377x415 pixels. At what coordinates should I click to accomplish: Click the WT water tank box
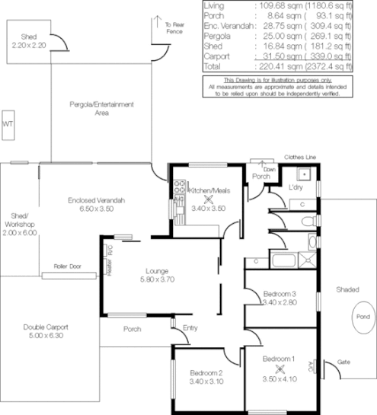(8, 123)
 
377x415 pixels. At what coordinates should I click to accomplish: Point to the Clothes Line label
(299, 158)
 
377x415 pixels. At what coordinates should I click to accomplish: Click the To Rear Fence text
(174, 29)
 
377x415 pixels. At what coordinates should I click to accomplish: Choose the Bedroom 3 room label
(280, 293)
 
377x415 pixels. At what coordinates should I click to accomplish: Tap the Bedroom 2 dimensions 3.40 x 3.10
(206, 381)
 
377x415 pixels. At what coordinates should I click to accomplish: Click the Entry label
(190, 329)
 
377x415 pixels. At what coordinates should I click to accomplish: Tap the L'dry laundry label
(296, 187)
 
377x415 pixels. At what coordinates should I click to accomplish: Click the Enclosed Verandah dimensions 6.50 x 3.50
(95, 209)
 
